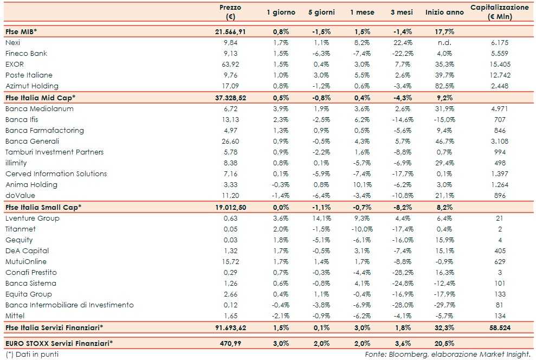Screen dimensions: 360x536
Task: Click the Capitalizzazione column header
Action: [499, 12]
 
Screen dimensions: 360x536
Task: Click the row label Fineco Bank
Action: [26, 53]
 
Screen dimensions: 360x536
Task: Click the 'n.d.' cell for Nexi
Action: [444, 42]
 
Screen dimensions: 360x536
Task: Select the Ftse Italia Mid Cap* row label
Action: [40, 98]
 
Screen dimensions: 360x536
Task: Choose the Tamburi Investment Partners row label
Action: [54, 152]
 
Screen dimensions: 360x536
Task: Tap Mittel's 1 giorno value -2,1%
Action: [280, 316]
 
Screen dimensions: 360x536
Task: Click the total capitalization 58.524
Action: [499, 327]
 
